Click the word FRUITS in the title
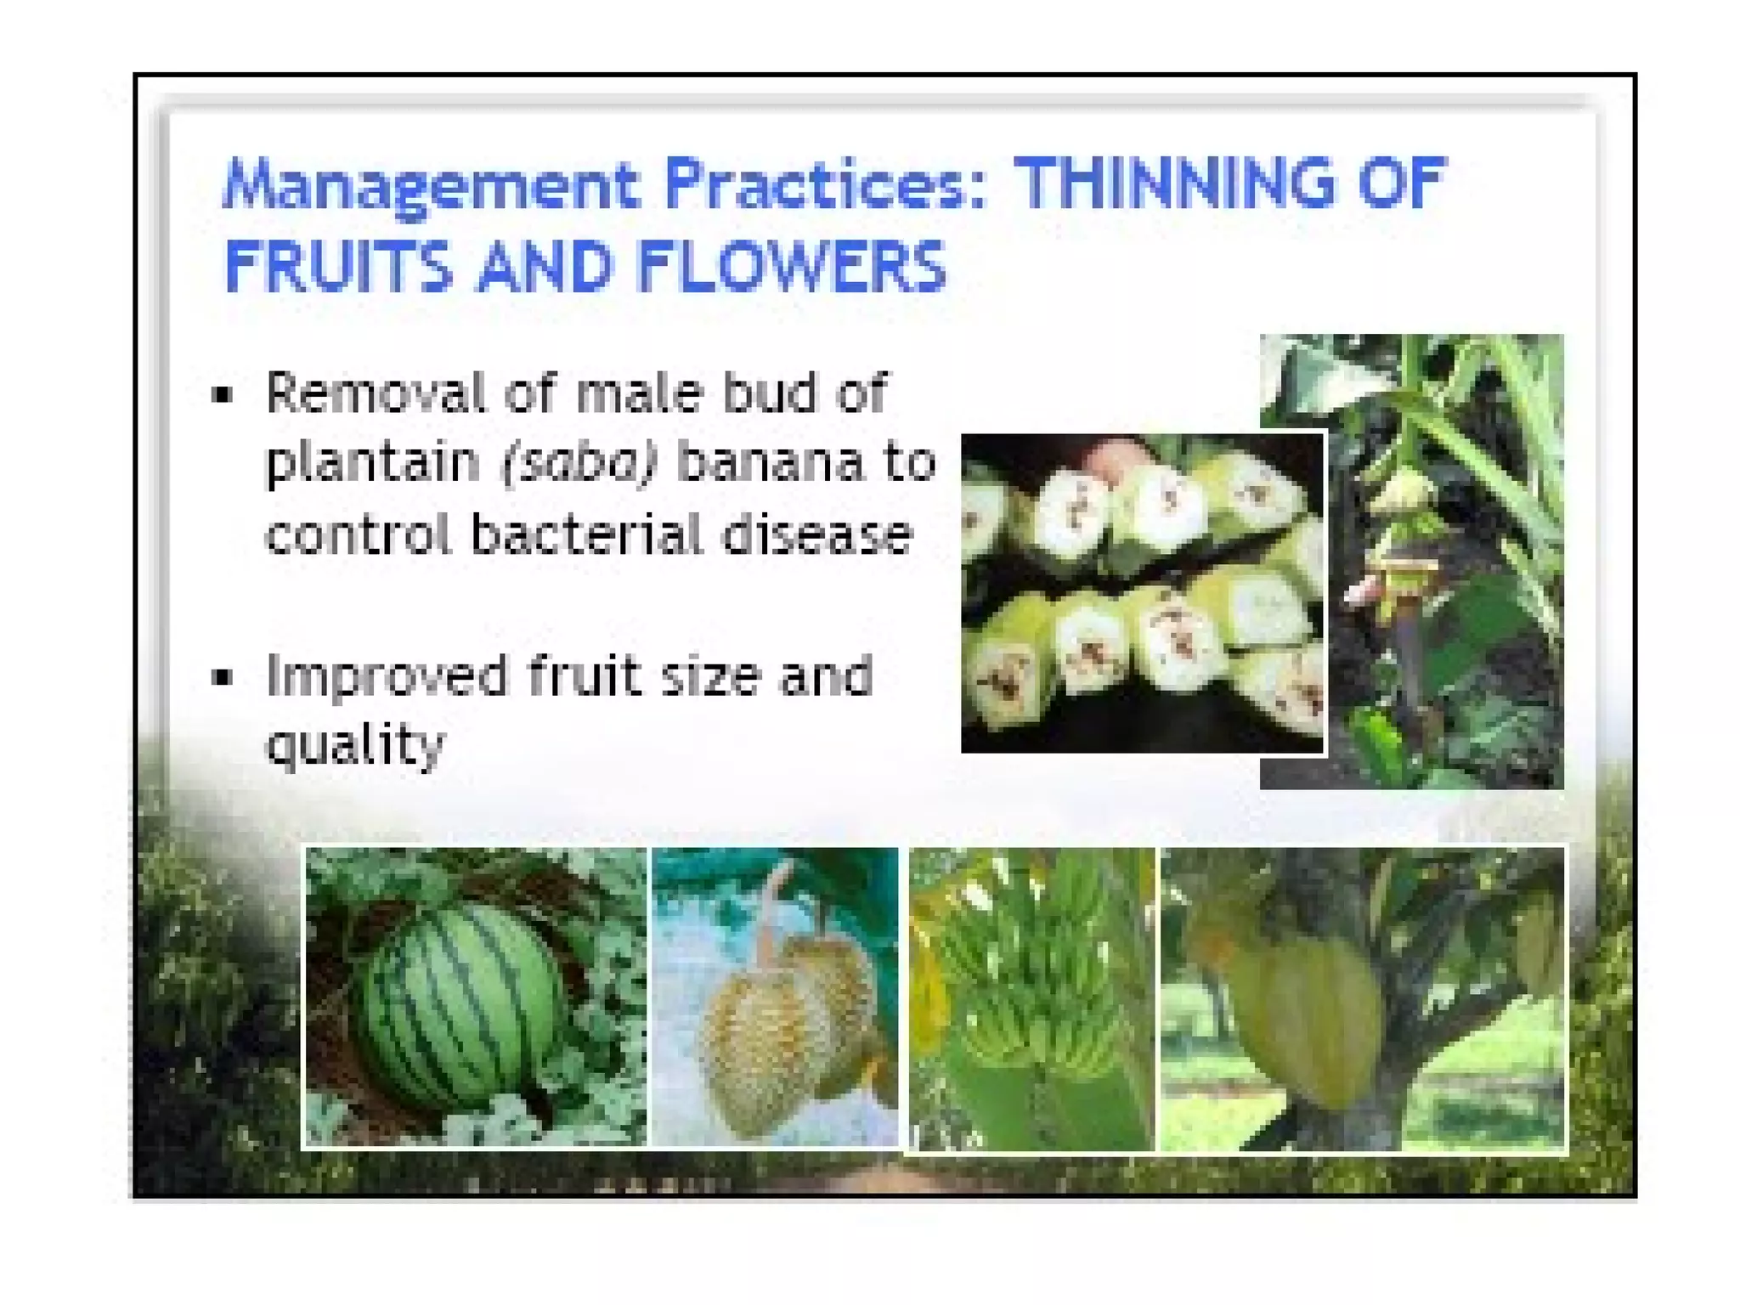coord(337,267)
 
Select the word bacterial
coord(586,535)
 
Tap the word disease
coord(818,535)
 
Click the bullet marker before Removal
coord(223,395)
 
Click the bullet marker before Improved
coord(223,678)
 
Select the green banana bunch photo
coord(1031,998)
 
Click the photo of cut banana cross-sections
coord(1142,593)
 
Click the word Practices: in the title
coord(825,184)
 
